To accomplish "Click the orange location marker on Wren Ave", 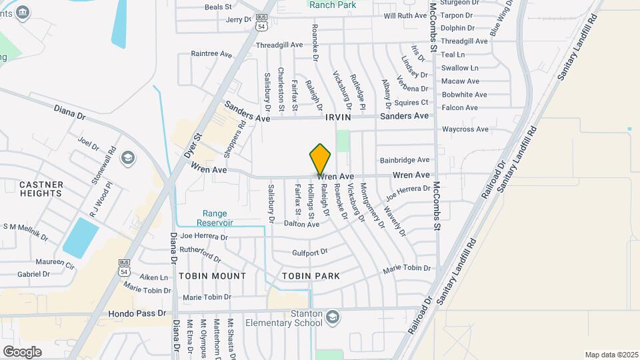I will [x=321, y=160].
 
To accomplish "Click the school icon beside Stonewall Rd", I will [x=128, y=158].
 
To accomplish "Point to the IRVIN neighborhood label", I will [x=338, y=117].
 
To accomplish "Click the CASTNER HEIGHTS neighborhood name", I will [x=41, y=189].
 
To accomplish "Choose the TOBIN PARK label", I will [x=311, y=276].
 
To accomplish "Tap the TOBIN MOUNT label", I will [x=212, y=276].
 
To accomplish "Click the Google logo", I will [x=22, y=351].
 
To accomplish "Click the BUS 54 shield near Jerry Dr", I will [x=263, y=23].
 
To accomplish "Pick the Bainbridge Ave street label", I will [x=405, y=160].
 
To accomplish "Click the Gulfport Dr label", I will [x=310, y=253].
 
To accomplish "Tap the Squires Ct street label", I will [x=411, y=102].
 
